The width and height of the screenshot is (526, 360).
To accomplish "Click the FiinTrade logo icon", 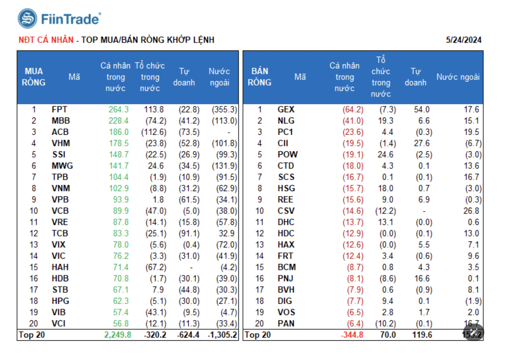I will (x=27, y=19).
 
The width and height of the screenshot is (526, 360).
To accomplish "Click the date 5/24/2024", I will (x=463, y=40).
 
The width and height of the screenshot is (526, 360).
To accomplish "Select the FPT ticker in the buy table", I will (x=59, y=110).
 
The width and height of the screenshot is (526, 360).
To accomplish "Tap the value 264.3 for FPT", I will (x=118, y=110).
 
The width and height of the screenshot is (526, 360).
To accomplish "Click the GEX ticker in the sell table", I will (x=286, y=110).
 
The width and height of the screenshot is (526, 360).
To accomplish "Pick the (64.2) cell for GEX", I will (x=353, y=110).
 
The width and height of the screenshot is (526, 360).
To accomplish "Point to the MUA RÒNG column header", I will (x=34, y=77).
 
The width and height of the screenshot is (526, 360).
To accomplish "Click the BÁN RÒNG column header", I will (x=260, y=77).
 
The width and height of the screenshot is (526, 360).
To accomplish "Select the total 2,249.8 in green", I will (x=118, y=335).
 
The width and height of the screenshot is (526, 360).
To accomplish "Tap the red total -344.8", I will (x=352, y=335).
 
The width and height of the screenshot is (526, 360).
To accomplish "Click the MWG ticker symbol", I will (x=62, y=166).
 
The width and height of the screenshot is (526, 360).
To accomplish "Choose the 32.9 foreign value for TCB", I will (x=226, y=234).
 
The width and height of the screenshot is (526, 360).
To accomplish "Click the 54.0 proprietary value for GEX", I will (x=422, y=110).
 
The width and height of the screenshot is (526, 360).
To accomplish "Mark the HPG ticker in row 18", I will (x=60, y=301).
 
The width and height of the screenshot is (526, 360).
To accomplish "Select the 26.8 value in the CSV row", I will (x=471, y=211).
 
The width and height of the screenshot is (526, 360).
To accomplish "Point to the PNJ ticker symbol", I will (x=285, y=278).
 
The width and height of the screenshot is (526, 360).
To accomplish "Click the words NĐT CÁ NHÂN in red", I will (x=46, y=40).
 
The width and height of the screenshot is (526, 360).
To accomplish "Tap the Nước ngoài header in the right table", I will (x=458, y=77).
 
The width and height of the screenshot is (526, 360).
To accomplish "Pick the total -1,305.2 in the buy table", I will (x=222, y=335).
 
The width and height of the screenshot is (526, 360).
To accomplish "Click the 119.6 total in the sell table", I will (x=422, y=335).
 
